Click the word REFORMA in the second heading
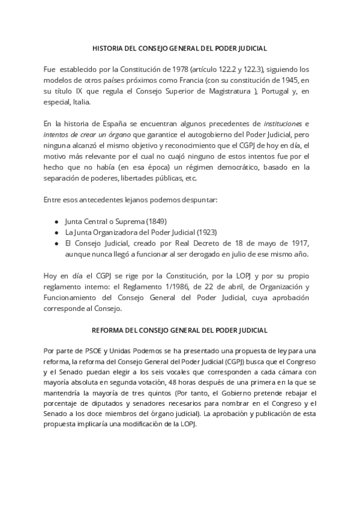click(106, 330)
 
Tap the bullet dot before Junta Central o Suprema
click(56, 221)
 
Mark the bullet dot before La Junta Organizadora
click(56, 232)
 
